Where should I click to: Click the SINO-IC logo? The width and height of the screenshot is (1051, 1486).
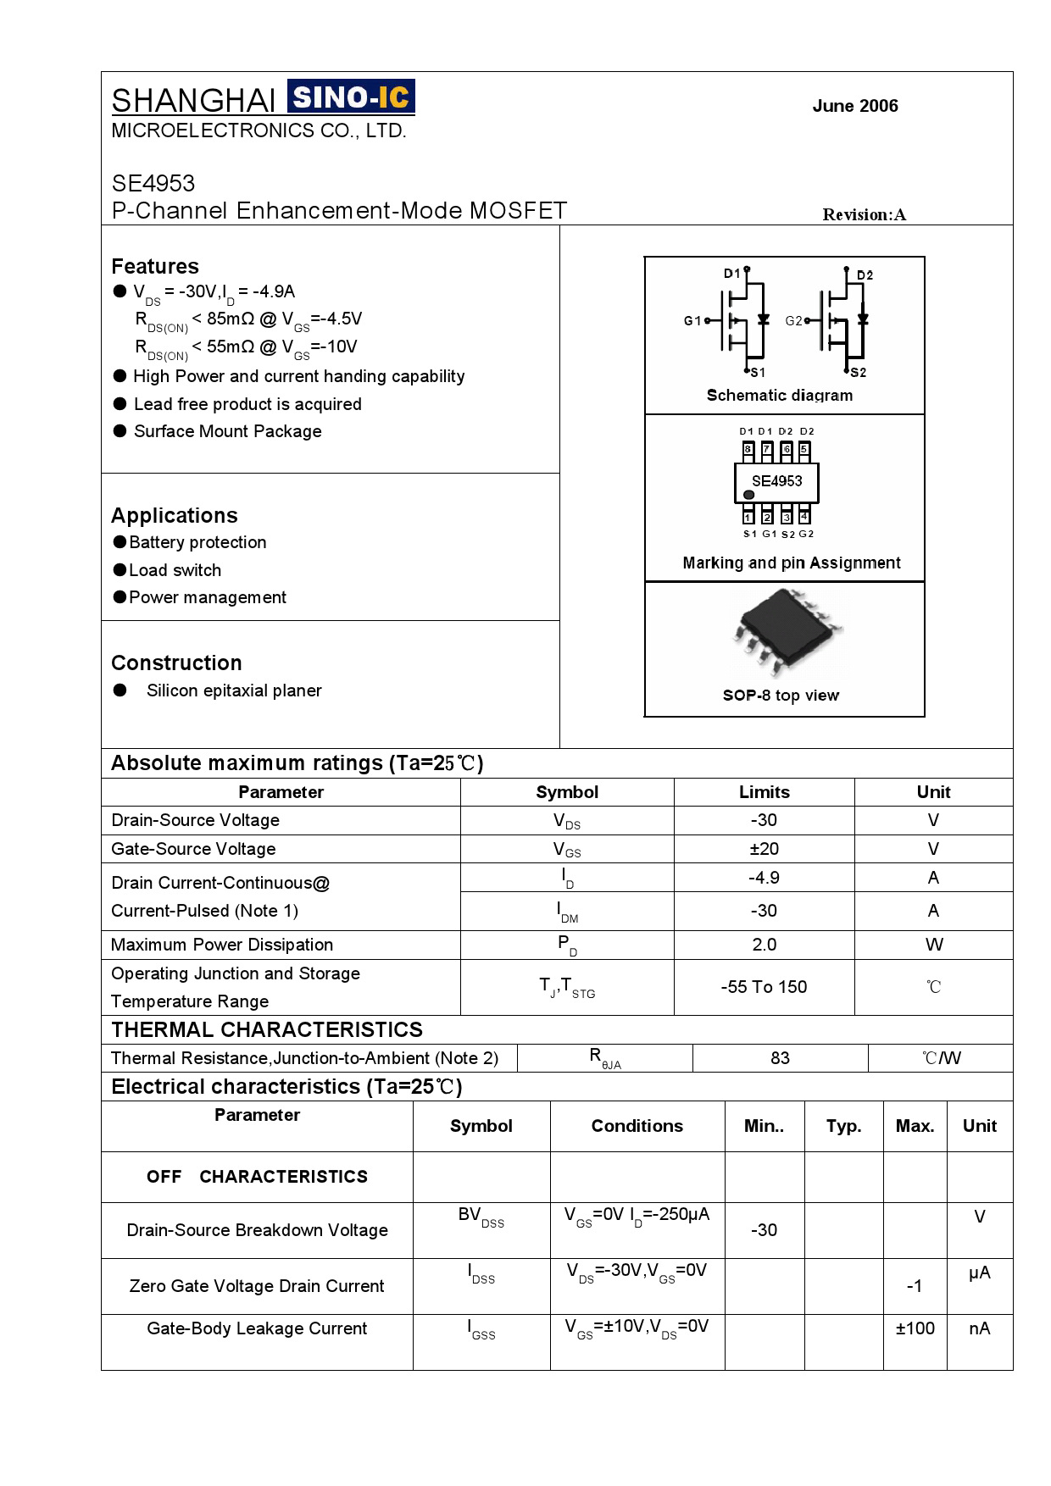pyautogui.click(x=351, y=97)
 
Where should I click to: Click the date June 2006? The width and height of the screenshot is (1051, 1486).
pyautogui.click(x=854, y=106)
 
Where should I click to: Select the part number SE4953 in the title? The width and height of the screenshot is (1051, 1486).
pyautogui.click(x=153, y=183)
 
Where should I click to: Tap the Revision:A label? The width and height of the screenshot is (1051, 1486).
pyautogui.click(x=864, y=214)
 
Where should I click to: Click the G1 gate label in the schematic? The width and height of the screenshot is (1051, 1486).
pyautogui.click(x=692, y=320)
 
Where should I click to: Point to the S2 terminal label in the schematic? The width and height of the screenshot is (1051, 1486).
pyautogui.click(x=858, y=372)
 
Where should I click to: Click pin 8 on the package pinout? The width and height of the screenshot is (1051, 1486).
pyautogui.click(x=748, y=450)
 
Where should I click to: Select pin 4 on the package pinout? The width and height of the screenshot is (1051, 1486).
pyautogui.click(x=804, y=516)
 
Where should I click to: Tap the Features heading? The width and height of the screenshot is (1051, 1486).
pyautogui.click(x=155, y=266)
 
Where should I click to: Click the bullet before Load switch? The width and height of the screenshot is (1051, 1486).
pyautogui.click(x=120, y=570)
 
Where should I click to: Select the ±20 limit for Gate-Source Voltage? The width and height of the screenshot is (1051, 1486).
pyautogui.click(x=764, y=849)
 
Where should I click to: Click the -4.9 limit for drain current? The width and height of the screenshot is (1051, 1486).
pyautogui.click(x=764, y=878)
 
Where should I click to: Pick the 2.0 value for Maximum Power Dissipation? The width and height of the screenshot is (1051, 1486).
pyautogui.click(x=764, y=945)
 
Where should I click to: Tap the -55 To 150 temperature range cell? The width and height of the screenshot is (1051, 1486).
pyautogui.click(x=764, y=987)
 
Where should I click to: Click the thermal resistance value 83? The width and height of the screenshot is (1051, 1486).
pyautogui.click(x=780, y=1058)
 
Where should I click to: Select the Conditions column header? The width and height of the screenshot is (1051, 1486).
pyautogui.click(x=637, y=1126)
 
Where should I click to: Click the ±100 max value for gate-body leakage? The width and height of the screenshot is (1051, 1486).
pyautogui.click(x=915, y=1328)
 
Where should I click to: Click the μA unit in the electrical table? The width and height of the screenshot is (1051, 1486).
pyautogui.click(x=979, y=1273)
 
